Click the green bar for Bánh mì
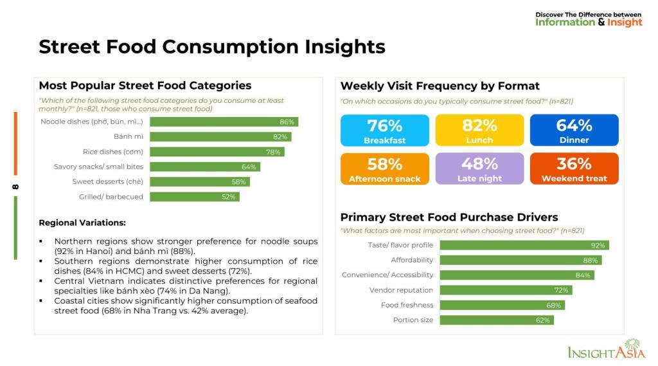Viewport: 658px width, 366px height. click(221, 137)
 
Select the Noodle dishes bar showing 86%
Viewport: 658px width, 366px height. click(224, 122)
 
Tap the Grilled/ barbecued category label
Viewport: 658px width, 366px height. click(111, 197)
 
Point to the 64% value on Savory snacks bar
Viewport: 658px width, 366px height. click(249, 167)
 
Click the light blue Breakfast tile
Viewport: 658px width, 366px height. click(385, 131)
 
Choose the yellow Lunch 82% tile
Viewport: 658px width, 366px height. click(479, 131)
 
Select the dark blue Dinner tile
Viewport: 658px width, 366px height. click(574, 131)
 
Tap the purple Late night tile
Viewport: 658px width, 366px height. click(479, 169)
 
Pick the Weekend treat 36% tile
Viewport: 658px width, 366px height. click(574, 169)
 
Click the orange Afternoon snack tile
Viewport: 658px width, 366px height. click(385, 169)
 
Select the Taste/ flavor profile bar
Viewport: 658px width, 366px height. click(524, 246)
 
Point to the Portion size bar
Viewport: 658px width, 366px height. click(497, 320)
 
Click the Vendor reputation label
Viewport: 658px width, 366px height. click(401, 290)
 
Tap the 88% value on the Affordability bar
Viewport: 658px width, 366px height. click(590, 261)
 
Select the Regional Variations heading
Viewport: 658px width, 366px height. click(82, 223)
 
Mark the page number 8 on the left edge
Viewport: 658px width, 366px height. click(15, 186)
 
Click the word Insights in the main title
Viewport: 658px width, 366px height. click(345, 47)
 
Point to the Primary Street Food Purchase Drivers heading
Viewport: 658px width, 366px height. click(449, 217)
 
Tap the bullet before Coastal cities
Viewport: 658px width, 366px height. click(41, 301)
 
